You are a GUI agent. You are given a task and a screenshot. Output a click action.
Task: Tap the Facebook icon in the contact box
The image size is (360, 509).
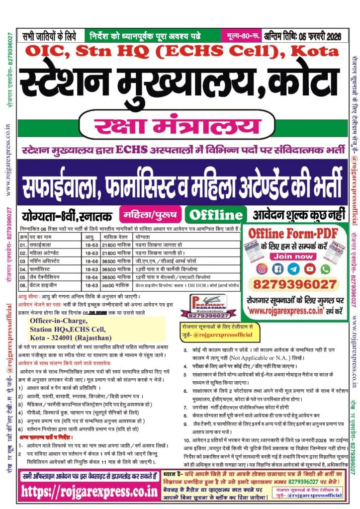pyautogui.click(x=278, y=268)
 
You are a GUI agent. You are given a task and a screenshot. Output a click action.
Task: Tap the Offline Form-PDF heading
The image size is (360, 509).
pyautogui.click(x=293, y=233)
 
